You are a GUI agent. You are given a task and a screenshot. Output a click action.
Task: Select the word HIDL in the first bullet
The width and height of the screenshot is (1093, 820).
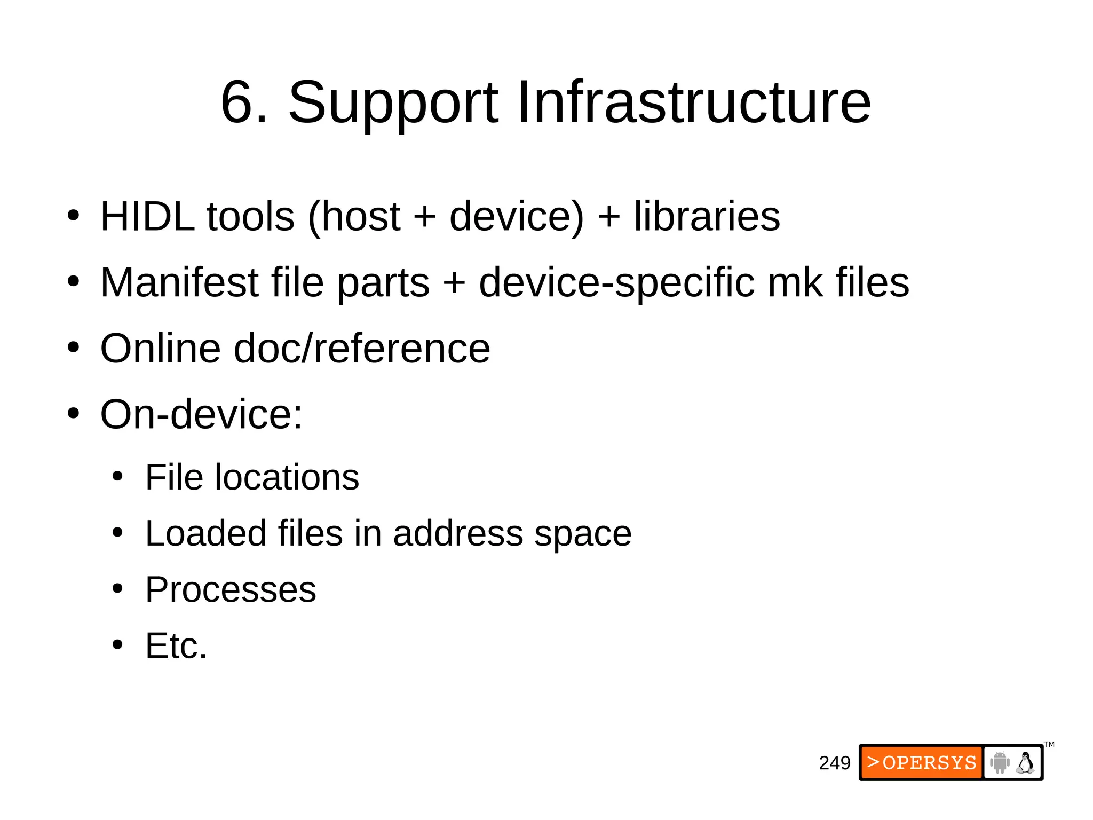point(147,216)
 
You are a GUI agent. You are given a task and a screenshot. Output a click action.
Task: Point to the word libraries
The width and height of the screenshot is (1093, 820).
point(707,216)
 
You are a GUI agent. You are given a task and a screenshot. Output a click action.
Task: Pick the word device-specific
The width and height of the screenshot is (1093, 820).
point(616,283)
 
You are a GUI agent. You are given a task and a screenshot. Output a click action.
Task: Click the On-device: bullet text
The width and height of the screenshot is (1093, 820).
point(201,414)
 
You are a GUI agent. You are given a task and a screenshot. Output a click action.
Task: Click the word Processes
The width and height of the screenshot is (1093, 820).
point(231,589)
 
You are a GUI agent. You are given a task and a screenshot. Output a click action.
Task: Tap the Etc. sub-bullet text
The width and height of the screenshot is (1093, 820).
point(176,645)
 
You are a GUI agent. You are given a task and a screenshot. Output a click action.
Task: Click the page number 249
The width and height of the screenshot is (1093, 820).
point(835,763)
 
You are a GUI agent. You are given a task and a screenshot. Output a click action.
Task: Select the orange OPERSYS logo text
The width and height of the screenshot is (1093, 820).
point(922,762)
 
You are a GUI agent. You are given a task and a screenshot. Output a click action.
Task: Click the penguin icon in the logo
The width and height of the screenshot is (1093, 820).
point(1025,763)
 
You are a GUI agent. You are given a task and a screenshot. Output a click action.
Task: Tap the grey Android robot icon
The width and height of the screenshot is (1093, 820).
point(1000,762)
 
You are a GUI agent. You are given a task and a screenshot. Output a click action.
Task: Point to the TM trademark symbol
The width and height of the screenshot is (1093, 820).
point(1049,745)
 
